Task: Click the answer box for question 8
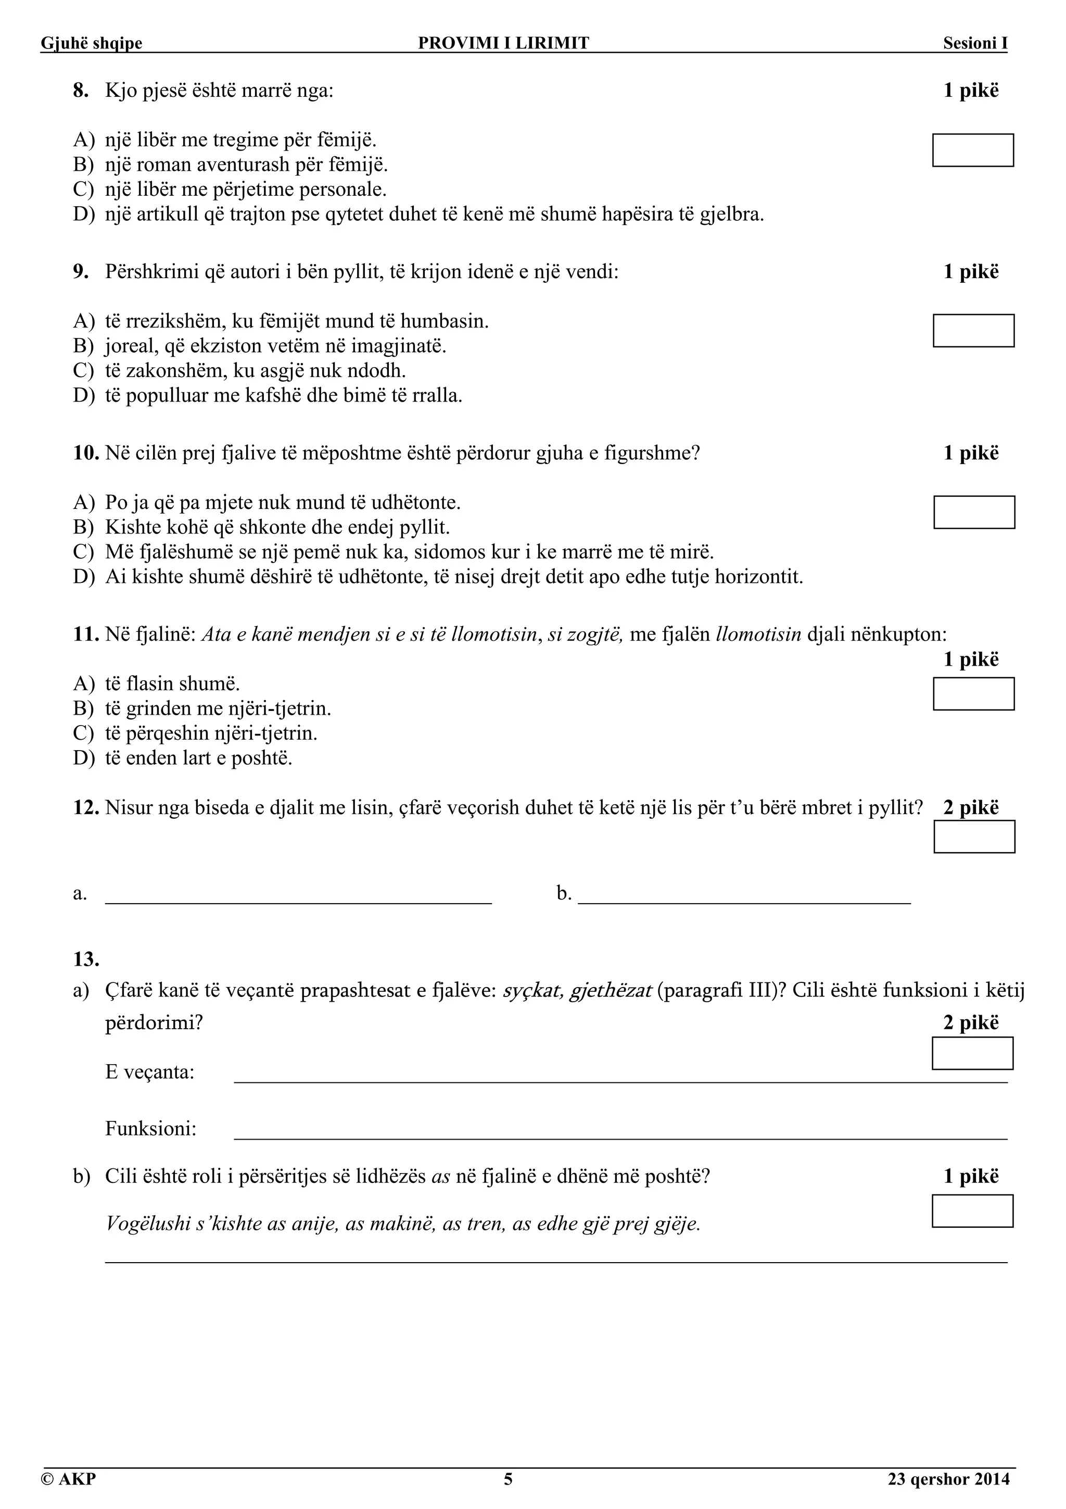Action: [973, 151]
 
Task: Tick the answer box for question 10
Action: [974, 512]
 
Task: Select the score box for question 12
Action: [974, 837]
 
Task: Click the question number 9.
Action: [81, 271]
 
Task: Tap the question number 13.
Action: [86, 959]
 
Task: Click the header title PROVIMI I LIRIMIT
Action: [504, 43]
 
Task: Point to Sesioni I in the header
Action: [975, 43]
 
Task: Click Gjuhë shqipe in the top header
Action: [91, 43]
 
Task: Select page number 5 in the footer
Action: [507, 1479]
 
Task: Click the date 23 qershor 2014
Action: [948, 1479]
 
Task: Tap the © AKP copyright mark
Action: [68, 1479]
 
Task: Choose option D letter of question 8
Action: [83, 214]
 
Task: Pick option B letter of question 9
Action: [83, 346]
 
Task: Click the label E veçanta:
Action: [150, 1072]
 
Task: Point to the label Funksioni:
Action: [151, 1129]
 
